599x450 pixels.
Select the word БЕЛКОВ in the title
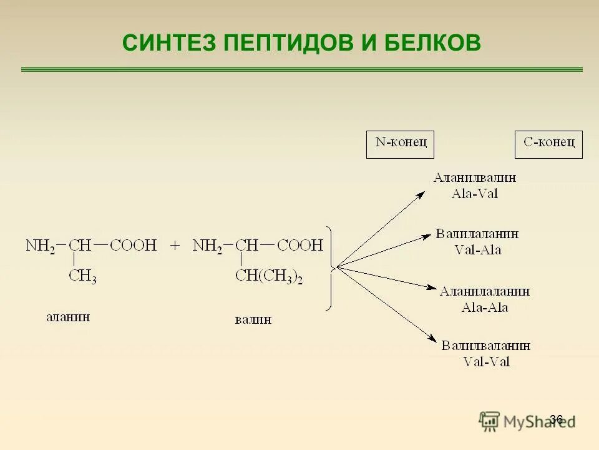point(432,42)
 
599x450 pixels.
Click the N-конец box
point(400,144)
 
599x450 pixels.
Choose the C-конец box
point(548,144)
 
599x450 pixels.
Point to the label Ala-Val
point(474,193)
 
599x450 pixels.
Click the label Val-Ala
point(477,250)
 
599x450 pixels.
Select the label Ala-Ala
point(484,307)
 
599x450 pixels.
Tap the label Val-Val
point(486,361)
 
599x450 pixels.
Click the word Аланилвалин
point(475,177)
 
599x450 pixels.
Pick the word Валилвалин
point(486,346)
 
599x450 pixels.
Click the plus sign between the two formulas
point(175,245)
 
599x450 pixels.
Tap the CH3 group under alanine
point(82,276)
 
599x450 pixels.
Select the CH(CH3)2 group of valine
point(269,277)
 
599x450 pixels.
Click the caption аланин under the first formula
point(68,317)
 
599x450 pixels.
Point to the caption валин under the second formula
point(253,320)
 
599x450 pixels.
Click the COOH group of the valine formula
point(300,245)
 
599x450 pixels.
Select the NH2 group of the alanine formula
point(41,245)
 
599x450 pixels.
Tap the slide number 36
point(556,419)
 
